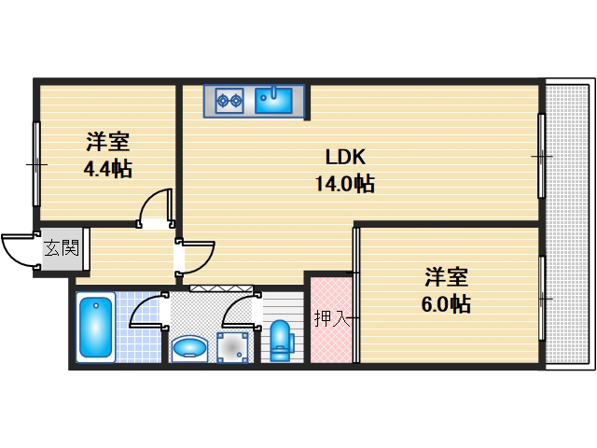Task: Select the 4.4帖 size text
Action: click(x=107, y=169)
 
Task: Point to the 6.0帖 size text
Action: click(x=446, y=303)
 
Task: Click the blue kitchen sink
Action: click(x=274, y=99)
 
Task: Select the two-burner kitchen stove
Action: click(x=229, y=99)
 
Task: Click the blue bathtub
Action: click(x=96, y=326)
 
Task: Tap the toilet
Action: click(x=281, y=341)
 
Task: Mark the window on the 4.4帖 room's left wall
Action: click(x=36, y=164)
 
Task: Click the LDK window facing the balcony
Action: click(x=541, y=155)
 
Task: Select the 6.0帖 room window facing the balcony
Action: click(x=542, y=298)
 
